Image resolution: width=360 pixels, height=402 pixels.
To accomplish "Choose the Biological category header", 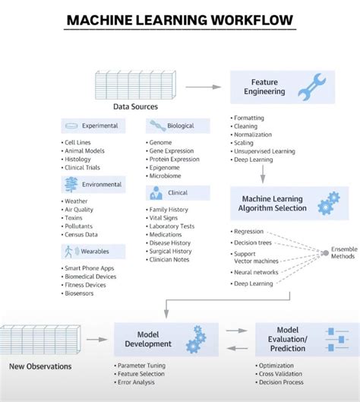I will (178, 125).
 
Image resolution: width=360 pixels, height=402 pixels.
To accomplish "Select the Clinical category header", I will (178, 193).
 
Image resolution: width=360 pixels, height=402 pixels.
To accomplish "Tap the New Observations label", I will (40, 366).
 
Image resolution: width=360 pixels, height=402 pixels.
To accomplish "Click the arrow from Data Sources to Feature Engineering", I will (203, 87).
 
